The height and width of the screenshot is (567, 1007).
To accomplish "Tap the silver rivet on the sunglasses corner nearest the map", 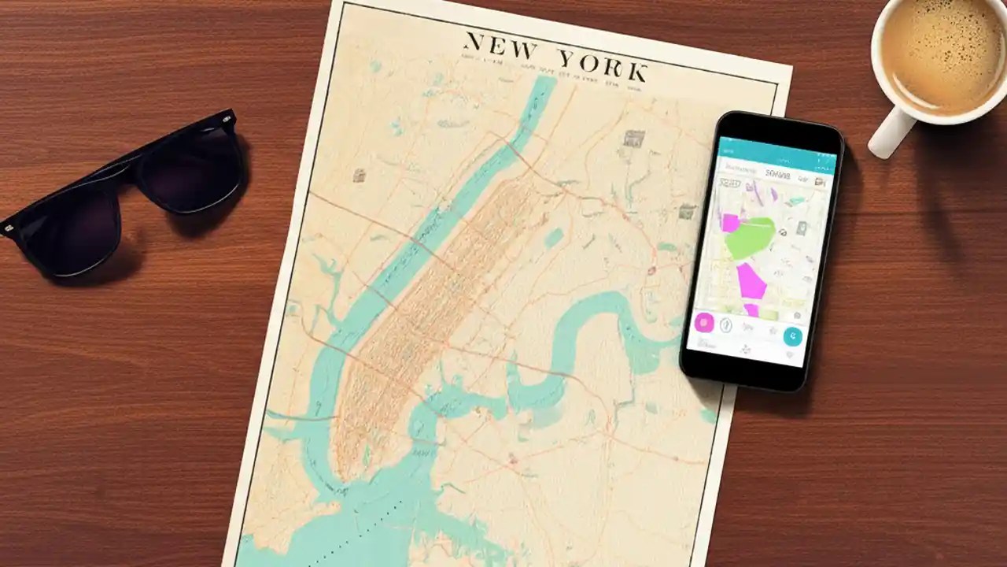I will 227,120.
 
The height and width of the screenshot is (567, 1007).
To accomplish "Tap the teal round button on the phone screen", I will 793,335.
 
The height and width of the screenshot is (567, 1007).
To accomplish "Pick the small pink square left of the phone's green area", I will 730,223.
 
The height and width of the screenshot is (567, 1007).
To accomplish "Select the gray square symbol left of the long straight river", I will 360,176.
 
